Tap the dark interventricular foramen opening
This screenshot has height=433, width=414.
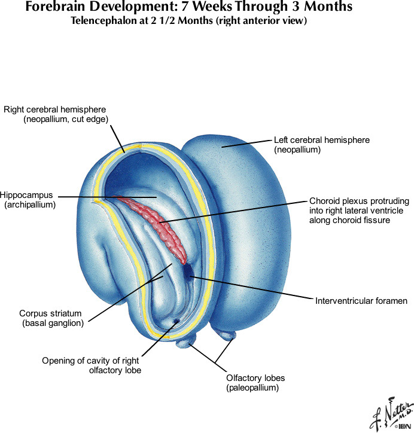pyautogui.click(x=189, y=272)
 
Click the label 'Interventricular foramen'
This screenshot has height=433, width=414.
pyautogui.click(x=361, y=301)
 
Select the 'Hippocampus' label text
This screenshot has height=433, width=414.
pyautogui.click(x=28, y=196)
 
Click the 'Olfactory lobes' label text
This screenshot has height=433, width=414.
pyautogui.click(x=255, y=378)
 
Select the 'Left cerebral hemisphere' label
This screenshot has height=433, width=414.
pyautogui.click(x=321, y=140)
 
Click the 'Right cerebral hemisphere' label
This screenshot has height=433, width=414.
pyautogui.click(x=54, y=109)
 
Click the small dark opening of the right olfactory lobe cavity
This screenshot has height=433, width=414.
pyautogui.click(x=176, y=322)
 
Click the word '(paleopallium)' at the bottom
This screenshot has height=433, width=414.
pyautogui.click(x=253, y=388)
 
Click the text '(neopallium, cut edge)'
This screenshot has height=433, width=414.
pyautogui.click(x=65, y=120)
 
